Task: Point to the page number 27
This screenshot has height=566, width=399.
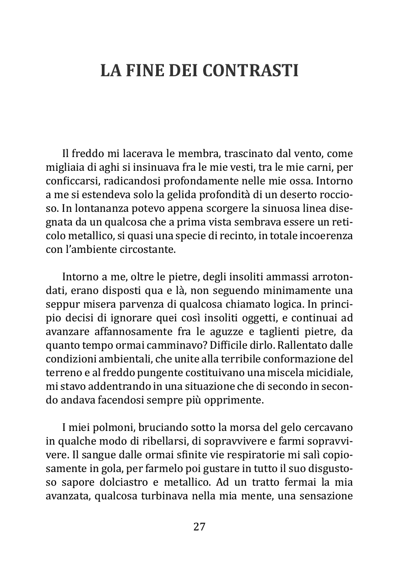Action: (x=199, y=526)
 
